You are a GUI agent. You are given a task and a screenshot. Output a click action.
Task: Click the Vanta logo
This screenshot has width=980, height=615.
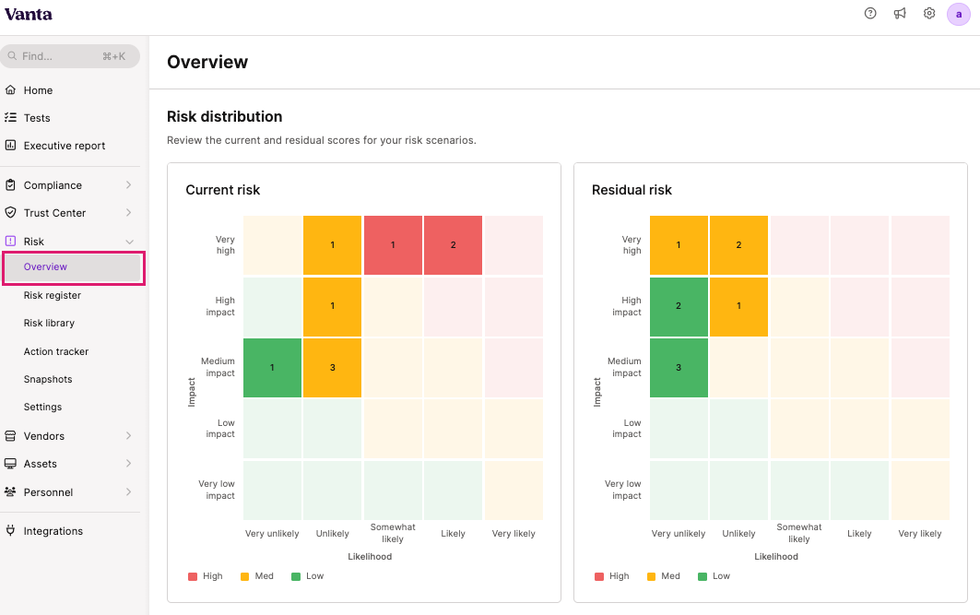29,14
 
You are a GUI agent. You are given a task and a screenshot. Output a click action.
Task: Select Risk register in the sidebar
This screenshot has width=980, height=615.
53,295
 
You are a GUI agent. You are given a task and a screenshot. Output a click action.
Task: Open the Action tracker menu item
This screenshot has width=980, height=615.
56,351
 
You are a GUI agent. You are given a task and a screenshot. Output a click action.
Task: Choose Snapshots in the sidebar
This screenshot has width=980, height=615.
48,379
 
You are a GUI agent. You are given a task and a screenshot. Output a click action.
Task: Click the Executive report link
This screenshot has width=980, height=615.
65,146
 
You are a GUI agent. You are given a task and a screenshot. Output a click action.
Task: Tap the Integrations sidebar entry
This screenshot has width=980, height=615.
53,531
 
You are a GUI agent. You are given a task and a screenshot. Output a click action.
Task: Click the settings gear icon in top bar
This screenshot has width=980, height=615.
929,14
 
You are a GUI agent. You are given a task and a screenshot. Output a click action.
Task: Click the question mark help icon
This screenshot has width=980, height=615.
870,14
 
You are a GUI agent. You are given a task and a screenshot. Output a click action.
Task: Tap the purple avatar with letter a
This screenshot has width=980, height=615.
958,14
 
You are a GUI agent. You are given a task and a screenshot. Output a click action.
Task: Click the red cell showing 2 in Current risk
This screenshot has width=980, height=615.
453,245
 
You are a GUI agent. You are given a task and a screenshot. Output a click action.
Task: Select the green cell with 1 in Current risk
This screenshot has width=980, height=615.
272,368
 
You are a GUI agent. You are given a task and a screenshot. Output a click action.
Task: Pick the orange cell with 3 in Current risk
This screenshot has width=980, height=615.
332,368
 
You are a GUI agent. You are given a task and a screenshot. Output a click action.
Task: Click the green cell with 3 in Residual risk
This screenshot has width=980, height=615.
679,368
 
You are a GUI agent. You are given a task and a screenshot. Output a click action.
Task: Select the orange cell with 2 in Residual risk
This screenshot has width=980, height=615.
738,245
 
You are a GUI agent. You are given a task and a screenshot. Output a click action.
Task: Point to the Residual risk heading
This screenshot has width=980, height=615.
632,190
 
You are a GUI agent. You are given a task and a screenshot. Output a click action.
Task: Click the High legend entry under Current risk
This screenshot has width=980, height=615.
206,576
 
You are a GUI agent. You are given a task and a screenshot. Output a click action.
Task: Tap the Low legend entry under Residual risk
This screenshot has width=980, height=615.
714,576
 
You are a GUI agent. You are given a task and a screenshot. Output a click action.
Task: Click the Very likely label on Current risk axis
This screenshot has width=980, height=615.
514,534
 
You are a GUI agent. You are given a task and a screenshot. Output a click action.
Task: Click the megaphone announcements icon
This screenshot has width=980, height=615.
900,14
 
